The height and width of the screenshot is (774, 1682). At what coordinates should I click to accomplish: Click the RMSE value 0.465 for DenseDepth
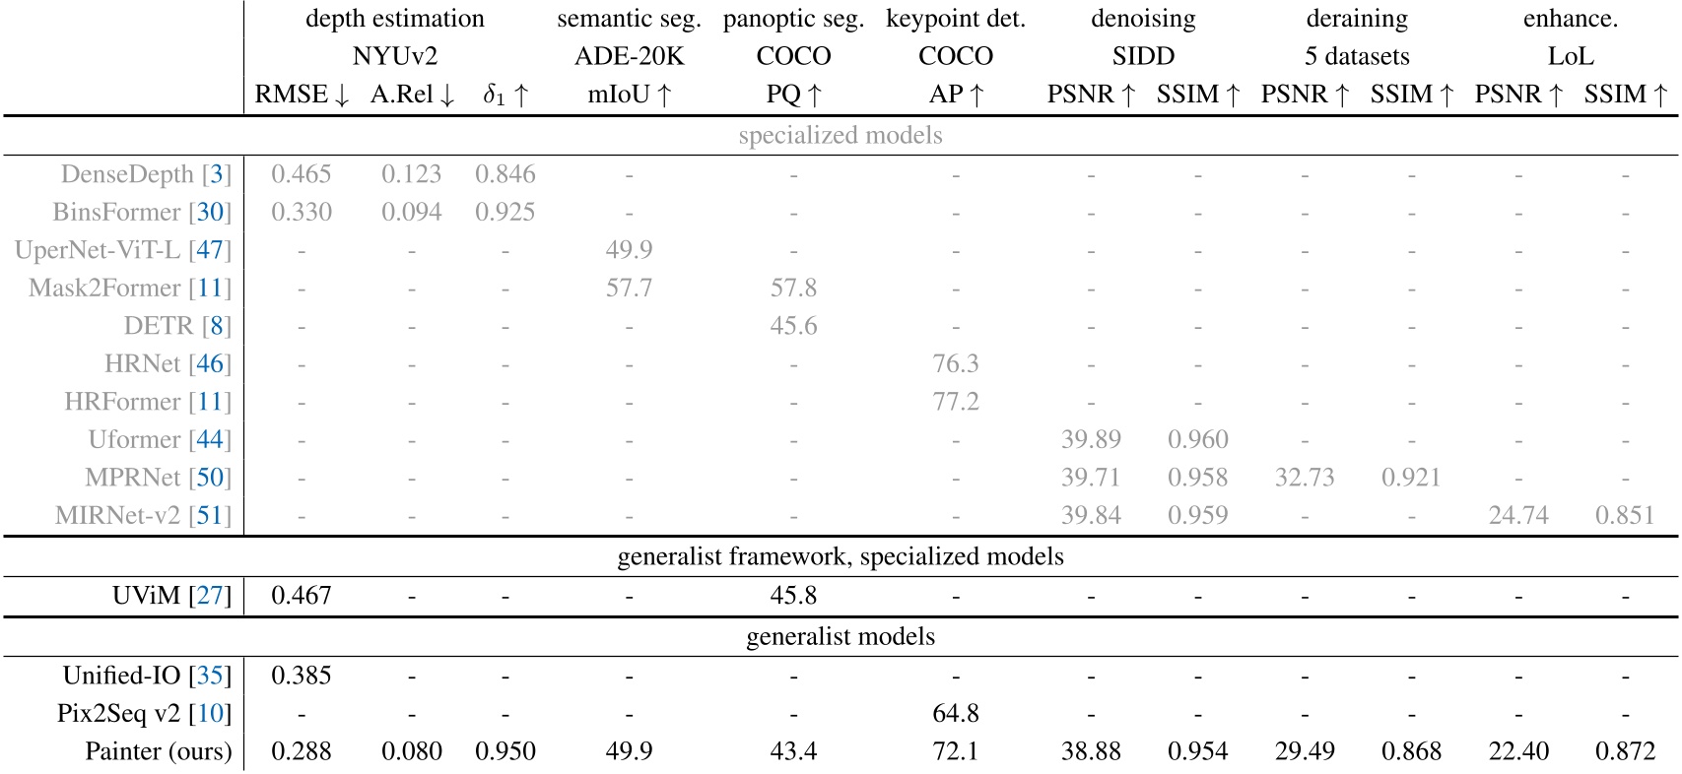(x=301, y=174)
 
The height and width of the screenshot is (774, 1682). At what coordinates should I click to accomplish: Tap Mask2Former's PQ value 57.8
(x=793, y=288)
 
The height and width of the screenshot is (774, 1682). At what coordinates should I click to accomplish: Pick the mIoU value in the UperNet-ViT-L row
(x=629, y=250)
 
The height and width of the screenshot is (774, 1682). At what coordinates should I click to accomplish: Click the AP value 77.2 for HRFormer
(x=955, y=402)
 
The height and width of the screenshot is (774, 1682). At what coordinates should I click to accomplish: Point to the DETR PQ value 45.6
(x=793, y=326)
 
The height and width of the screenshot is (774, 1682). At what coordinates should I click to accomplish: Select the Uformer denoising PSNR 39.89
(x=1091, y=439)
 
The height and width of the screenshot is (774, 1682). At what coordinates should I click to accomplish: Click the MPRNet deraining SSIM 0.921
(x=1411, y=478)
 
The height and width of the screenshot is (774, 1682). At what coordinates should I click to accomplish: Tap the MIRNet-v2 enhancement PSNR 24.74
(x=1518, y=515)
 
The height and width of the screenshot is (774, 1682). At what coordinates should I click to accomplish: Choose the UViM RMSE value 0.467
(x=301, y=596)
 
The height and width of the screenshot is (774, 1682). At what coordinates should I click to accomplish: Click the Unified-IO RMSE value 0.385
(x=301, y=676)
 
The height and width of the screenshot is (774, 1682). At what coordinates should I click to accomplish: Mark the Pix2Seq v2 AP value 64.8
(x=955, y=713)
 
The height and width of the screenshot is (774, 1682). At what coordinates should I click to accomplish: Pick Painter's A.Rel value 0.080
(x=411, y=751)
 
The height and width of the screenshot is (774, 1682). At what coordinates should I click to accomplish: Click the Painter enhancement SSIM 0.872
(x=1625, y=751)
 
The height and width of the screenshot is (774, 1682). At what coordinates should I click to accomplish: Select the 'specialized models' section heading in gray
(x=840, y=135)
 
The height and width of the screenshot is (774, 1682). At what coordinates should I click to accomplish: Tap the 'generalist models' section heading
(x=840, y=636)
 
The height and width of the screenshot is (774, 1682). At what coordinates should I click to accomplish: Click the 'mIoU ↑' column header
(x=629, y=95)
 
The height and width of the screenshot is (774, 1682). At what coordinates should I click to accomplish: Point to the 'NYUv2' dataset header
(x=394, y=56)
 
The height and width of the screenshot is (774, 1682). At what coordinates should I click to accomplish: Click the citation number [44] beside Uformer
(x=210, y=439)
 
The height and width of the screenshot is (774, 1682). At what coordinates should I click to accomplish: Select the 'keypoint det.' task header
(x=955, y=19)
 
